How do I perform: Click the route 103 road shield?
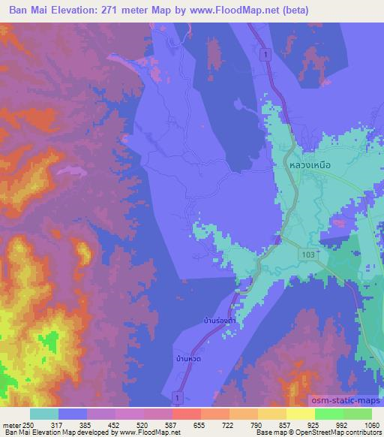(x=308, y=255)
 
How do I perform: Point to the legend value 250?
(x=28, y=424)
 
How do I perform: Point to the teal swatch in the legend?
(x=44, y=414)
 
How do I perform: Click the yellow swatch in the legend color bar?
(x=301, y=414)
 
